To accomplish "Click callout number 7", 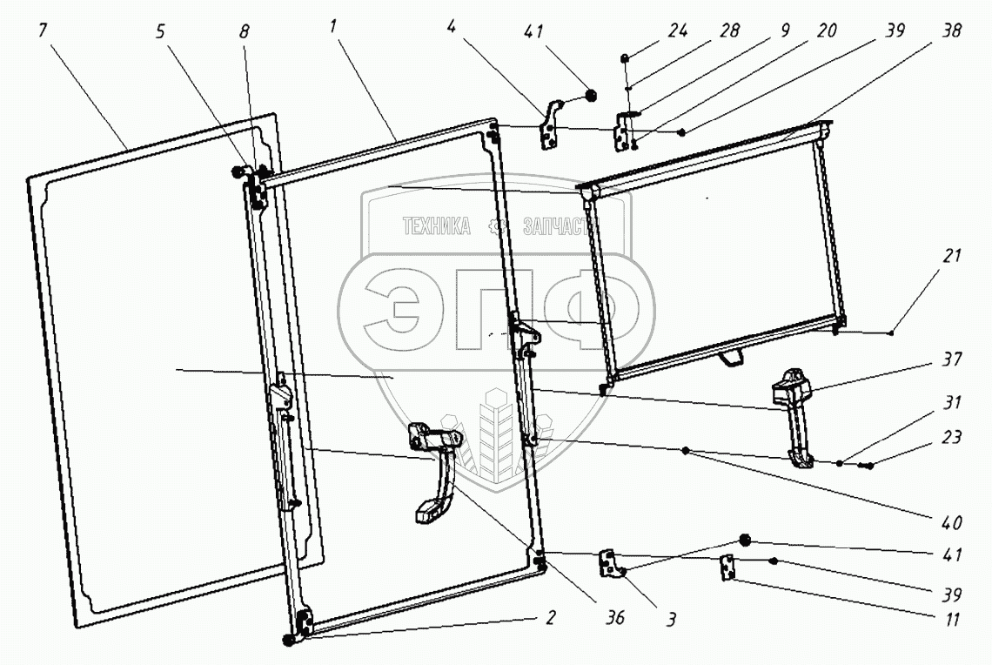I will (x=43, y=30).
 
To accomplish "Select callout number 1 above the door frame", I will (x=333, y=29).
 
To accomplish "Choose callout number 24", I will (x=678, y=30).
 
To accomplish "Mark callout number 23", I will (x=951, y=438).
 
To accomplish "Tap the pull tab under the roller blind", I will (x=733, y=357).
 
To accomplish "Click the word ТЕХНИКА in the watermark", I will (x=435, y=228).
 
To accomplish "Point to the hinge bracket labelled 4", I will (x=550, y=126).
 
